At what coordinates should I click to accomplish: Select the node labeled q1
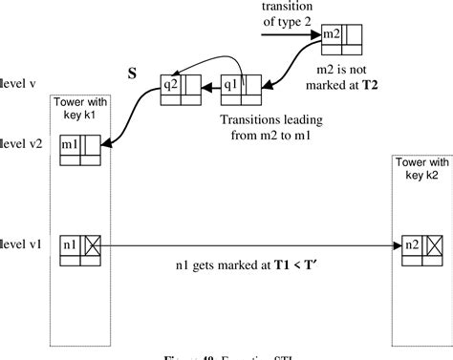point(229,82)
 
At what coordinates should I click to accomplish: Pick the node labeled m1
point(70,145)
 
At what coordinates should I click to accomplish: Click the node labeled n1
point(70,219)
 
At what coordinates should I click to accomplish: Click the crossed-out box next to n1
point(94,219)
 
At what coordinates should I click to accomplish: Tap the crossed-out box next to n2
point(433,219)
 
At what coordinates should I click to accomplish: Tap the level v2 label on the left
point(18,145)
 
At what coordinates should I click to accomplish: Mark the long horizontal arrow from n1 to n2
point(248,219)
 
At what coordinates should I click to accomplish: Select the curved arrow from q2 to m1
point(129,119)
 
